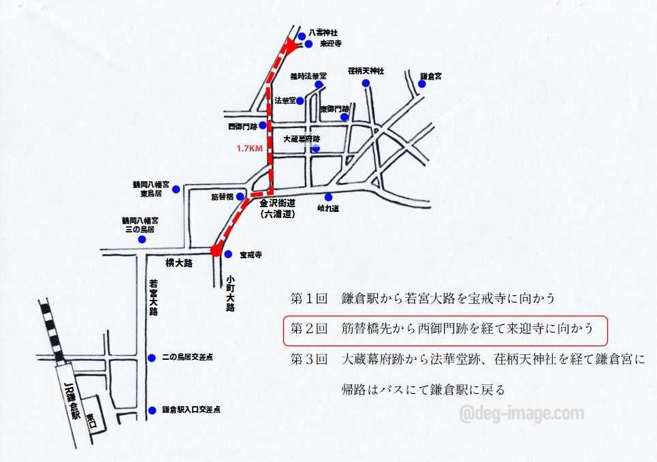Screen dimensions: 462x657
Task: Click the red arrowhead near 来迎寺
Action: tap(291, 46)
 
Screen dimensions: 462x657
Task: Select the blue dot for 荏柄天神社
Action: tap(366, 83)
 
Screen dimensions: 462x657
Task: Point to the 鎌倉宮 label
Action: tap(431, 76)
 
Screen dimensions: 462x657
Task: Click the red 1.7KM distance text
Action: tap(249, 148)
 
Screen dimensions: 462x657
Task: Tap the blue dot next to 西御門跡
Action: tap(262, 125)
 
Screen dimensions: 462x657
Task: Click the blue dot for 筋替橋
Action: tap(240, 197)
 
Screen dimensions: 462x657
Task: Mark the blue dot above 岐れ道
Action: tap(328, 197)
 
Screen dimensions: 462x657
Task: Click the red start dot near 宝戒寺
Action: tap(215, 251)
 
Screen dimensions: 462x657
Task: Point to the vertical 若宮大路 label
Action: tap(153, 297)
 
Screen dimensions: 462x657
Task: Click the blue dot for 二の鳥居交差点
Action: tap(151, 356)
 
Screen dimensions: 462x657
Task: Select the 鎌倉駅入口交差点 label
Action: tap(191, 410)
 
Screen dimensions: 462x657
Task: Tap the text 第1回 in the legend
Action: tap(308, 298)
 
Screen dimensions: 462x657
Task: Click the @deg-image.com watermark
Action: tap(521, 413)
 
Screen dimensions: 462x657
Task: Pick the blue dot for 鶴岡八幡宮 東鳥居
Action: tap(176, 188)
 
